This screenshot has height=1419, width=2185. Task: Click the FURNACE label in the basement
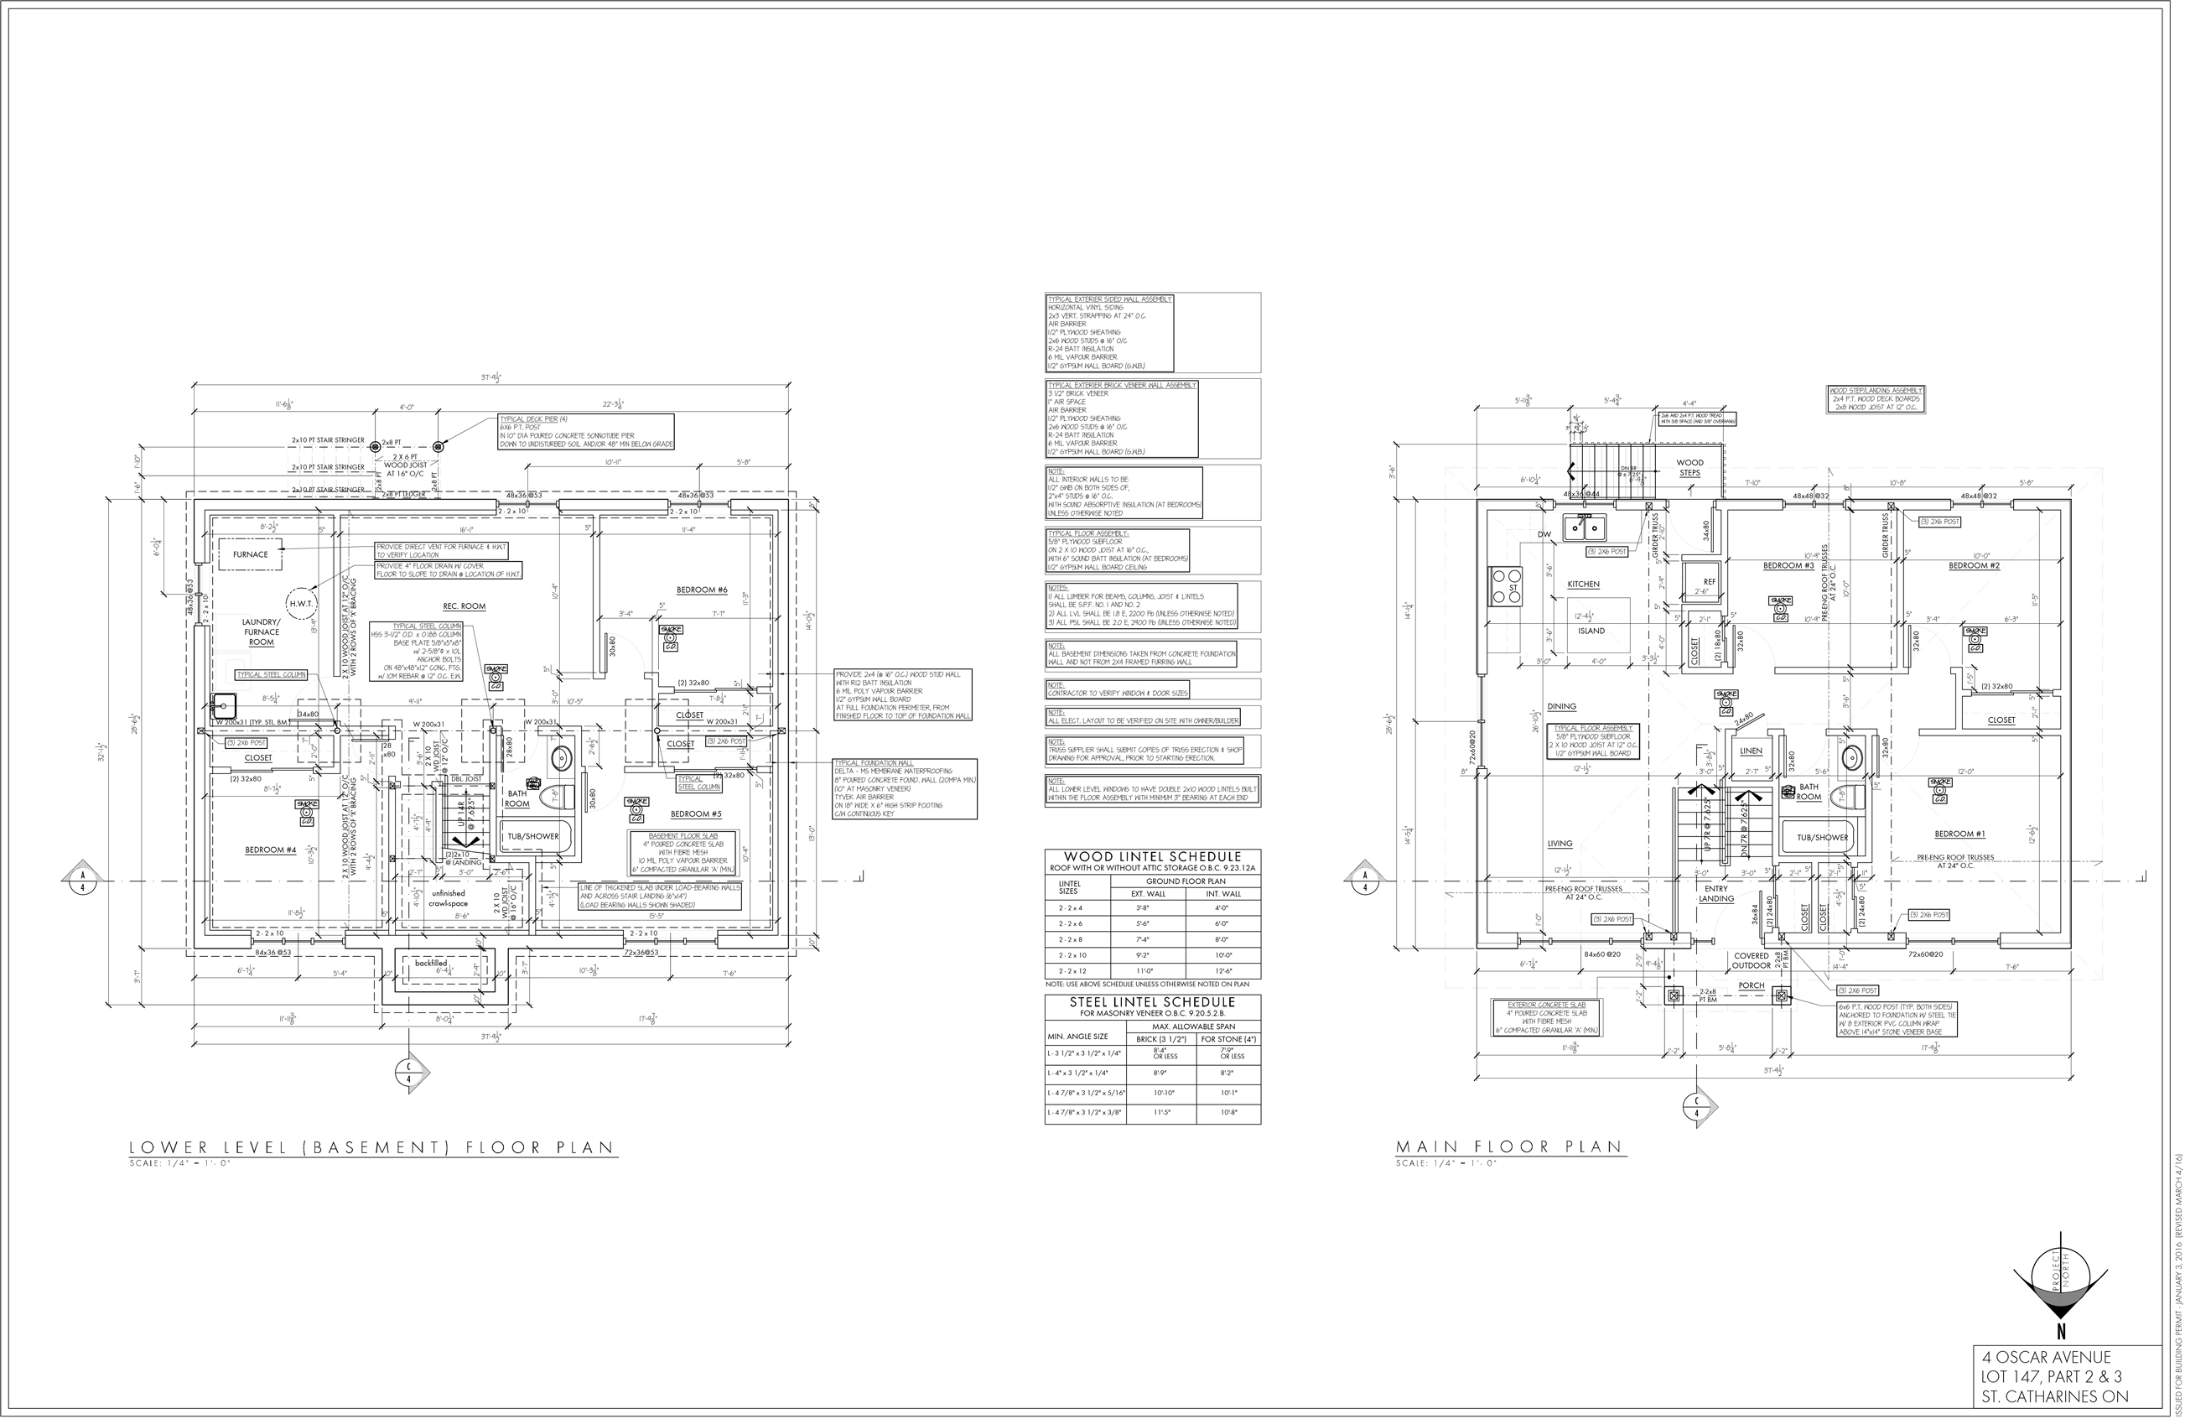click(250, 554)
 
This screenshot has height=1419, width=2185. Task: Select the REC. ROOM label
click(464, 606)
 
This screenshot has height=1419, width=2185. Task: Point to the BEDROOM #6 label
click(702, 590)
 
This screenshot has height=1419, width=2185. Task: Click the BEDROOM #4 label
click(270, 850)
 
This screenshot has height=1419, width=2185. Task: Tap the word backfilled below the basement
click(431, 964)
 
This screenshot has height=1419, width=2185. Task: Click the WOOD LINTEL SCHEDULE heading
click(1152, 857)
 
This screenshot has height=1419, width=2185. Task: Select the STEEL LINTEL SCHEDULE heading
click(1152, 1002)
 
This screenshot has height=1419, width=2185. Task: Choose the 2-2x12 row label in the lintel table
click(1072, 971)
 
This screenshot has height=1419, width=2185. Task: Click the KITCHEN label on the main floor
click(1584, 585)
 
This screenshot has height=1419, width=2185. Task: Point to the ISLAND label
click(1592, 631)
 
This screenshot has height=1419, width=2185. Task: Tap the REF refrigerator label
click(1709, 581)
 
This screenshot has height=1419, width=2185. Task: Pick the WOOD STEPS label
click(1689, 467)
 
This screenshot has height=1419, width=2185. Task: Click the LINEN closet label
click(1751, 751)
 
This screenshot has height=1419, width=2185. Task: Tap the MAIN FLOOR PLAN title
click(1509, 1147)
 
